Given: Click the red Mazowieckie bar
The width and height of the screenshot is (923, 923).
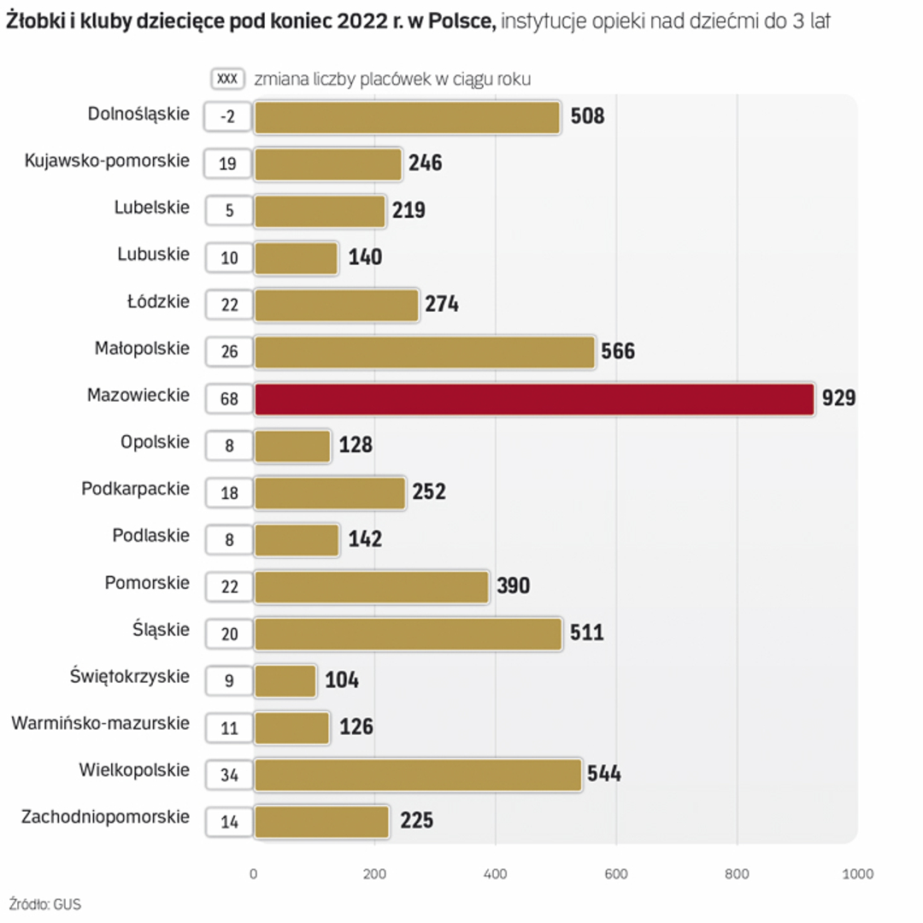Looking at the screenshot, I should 534,399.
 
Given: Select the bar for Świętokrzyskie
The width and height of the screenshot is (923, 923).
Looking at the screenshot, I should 285,680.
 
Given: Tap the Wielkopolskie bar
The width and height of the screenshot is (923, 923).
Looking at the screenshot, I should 418,774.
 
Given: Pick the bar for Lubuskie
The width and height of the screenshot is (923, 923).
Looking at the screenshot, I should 297,258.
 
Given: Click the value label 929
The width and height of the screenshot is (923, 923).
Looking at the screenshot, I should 838,398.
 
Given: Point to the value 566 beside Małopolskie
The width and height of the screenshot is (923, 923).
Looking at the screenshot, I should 618,351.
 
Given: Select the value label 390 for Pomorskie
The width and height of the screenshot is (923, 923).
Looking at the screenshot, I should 513,585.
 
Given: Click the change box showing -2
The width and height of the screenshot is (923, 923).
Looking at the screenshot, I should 228,117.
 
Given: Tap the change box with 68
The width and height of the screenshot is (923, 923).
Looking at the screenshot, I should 229,399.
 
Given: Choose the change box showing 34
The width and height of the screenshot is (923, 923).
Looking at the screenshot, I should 229,775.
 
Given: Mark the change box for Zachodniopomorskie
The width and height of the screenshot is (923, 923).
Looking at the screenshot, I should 229,822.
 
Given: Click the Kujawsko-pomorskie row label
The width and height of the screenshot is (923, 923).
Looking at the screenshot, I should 107,161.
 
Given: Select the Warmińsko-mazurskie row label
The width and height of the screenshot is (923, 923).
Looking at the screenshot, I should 100,723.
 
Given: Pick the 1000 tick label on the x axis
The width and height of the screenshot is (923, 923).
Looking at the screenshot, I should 857,873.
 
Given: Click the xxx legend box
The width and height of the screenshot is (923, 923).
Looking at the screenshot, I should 227,79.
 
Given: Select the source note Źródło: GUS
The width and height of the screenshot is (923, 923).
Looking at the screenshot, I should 45,904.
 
